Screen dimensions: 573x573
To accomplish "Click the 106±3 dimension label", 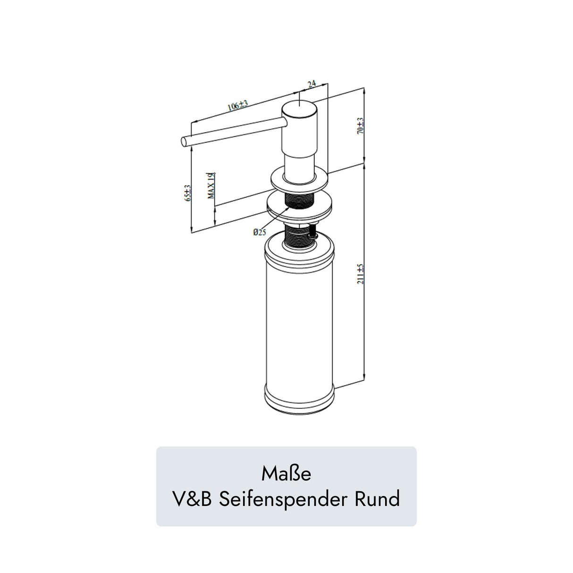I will point(237,106).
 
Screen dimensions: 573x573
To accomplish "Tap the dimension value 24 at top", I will point(312,84).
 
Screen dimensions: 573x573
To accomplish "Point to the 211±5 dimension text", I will point(360,274).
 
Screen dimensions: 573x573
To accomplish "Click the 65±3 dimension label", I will point(187,193).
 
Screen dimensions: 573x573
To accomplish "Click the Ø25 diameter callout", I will point(259,232).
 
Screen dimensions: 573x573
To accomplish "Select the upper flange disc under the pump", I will point(299,182).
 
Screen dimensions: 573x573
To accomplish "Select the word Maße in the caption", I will point(286,473).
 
